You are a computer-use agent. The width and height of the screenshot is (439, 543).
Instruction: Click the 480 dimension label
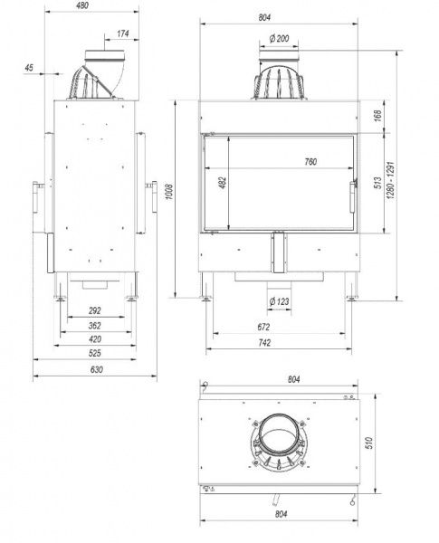82,5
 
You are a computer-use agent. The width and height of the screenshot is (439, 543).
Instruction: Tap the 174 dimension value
123,33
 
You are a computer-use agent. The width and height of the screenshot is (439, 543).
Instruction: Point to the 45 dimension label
29,68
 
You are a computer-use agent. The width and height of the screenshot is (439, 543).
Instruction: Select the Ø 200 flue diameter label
279,38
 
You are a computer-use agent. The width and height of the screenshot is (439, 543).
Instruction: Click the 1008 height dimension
169,191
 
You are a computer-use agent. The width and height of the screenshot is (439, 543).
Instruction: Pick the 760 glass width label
310,161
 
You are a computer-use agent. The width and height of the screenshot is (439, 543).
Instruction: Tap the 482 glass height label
223,183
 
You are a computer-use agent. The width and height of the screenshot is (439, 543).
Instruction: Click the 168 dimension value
377,116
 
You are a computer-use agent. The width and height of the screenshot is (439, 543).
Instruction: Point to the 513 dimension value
377,183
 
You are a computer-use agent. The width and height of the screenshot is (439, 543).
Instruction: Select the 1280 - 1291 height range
391,180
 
